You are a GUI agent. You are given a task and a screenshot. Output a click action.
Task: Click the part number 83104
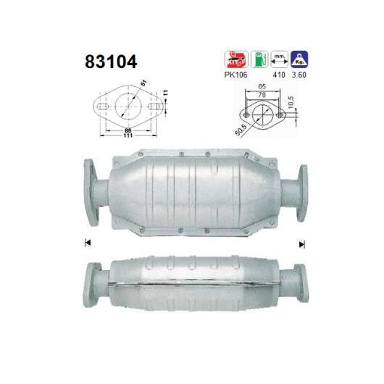[x=111, y=62]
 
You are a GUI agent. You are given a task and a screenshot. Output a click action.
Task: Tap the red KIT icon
[x=236, y=59]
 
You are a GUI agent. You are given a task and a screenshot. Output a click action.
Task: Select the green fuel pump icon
[x=259, y=59]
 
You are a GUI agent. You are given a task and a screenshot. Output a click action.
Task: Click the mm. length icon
[x=279, y=59]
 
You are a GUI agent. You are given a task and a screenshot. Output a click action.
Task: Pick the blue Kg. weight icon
[x=299, y=59]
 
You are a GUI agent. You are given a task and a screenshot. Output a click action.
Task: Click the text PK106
[x=236, y=75]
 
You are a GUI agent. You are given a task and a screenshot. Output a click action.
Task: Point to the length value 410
[x=279, y=75]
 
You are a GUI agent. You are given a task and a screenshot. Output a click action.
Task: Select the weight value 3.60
[x=299, y=75]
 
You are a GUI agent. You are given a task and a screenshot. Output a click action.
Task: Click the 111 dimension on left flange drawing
[x=128, y=135]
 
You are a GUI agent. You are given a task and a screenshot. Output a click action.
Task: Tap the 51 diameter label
[x=144, y=83]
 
